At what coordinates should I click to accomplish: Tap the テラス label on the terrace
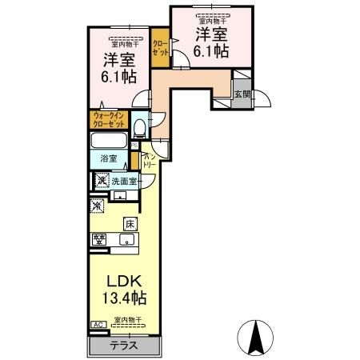[x=123, y=346]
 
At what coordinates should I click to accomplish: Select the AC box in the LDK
[x=98, y=325]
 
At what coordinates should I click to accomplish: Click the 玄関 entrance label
[x=241, y=94]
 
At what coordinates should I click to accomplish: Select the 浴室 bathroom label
[x=109, y=159]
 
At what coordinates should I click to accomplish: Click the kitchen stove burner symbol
[x=100, y=238]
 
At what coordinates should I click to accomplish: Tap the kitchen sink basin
[x=126, y=239]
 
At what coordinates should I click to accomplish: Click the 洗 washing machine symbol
[x=101, y=179]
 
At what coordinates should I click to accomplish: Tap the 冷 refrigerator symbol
[x=98, y=207]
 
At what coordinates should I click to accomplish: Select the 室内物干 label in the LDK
[x=127, y=320]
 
